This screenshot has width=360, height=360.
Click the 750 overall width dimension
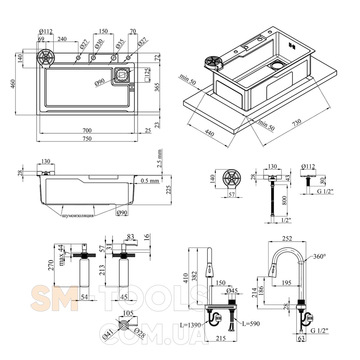pyautogui.click(x=87, y=138)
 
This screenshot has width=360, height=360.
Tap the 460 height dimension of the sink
pyautogui.click(x=13, y=84)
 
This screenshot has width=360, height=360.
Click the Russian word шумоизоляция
pyautogui.click(x=77, y=216)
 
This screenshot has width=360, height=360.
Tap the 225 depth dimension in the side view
pyautogui.click(x=169, y=190)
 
